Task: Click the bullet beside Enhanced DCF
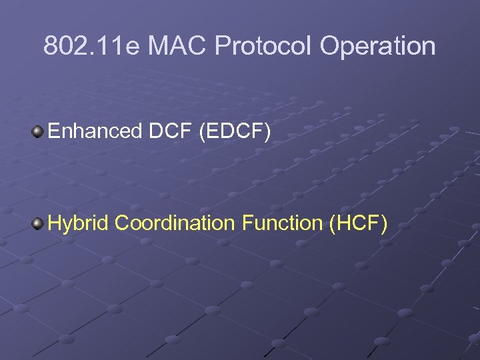pyautogui.click(x=38, y=131)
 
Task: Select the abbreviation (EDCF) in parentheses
pyautogui.click(x=235, y=132)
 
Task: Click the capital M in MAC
pyautogui.click(x=158, y=47)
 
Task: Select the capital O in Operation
pyautogui.click(x=331, y=47)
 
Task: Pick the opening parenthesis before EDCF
pyautogui.click(x=202, y=132)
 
